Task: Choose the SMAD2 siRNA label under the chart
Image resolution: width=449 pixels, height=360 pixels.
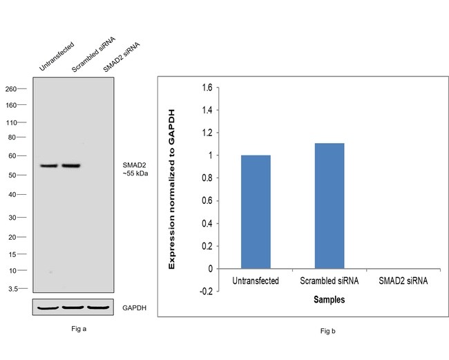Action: pyautogui.click(x=403, y=281)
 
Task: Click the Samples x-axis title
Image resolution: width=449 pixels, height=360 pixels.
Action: pyautogui.click(x=329, y=300)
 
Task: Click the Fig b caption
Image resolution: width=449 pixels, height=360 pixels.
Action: pyautogui.click(x=328, y=332)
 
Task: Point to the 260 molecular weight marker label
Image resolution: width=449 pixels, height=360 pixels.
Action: pyautogui.click(x=11, y=89)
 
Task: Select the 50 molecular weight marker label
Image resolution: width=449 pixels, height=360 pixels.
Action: pyautogui.click(x=12, y=176)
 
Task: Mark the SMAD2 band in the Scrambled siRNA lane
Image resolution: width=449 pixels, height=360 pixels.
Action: pyautogui.click(x=71, y=166)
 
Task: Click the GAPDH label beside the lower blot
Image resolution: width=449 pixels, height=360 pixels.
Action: pyautogui.click(x=135, y=307)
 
